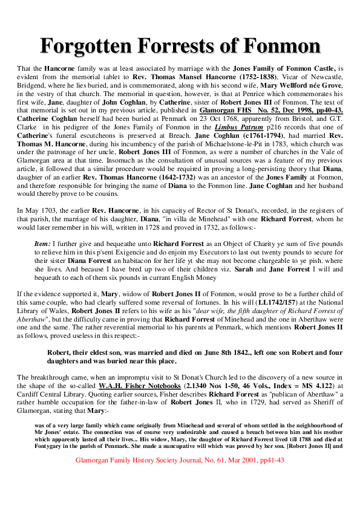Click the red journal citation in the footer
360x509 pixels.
pos(180,460)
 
